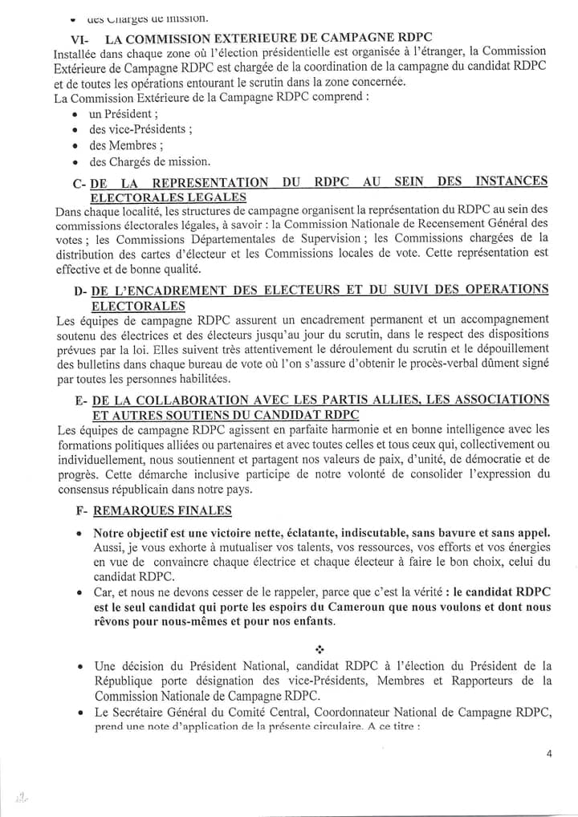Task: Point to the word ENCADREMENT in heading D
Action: click(171, 290)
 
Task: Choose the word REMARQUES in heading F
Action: click(130, 510)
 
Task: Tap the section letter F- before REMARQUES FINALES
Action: click(79, 510)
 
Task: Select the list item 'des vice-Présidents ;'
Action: click(140, 130)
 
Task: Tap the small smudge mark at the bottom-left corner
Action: click(22, 797)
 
